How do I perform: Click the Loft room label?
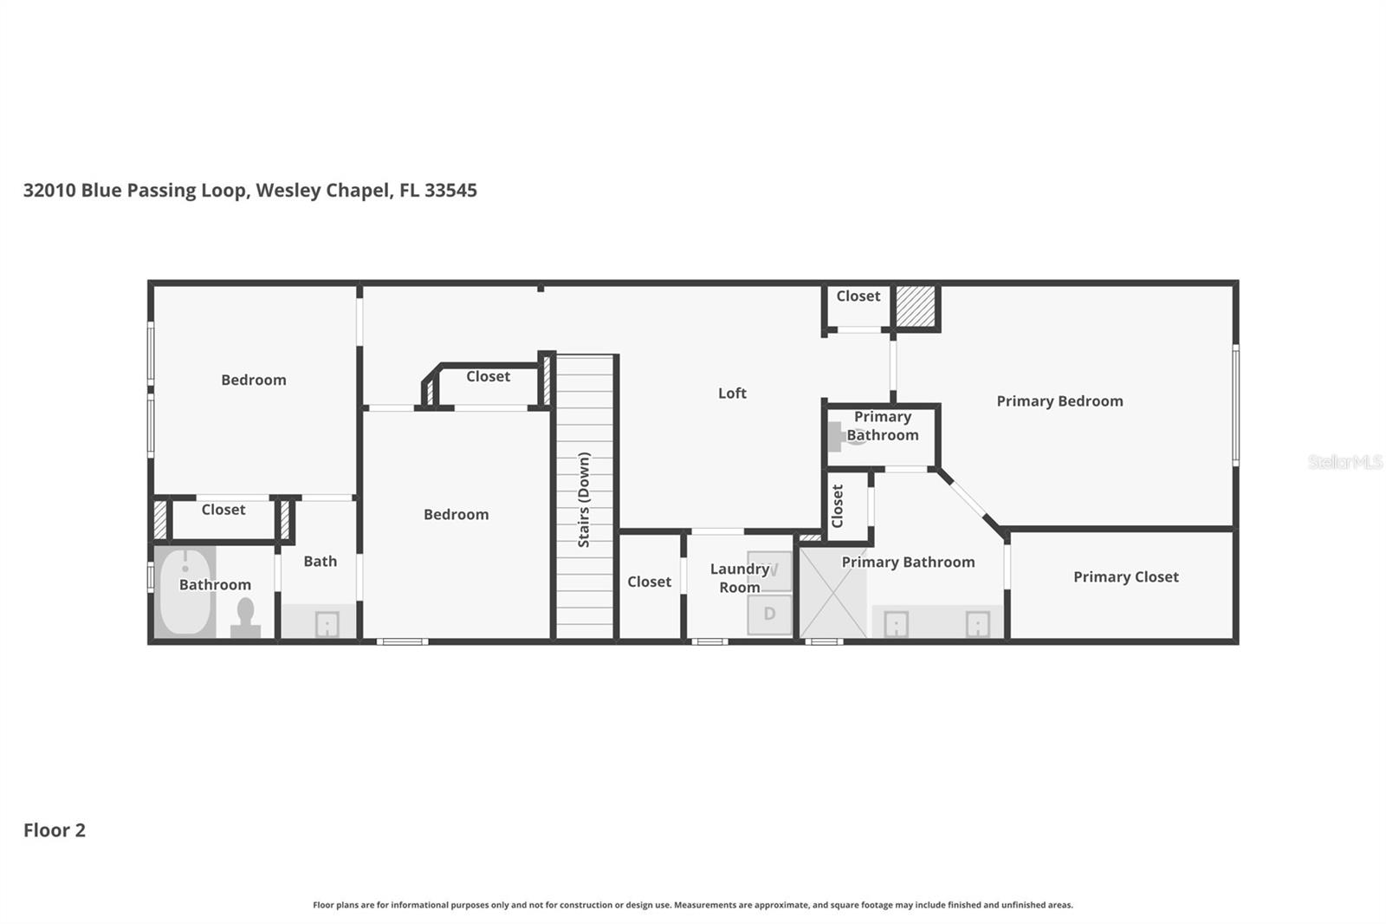tap(732, 394)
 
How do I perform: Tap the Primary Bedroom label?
tap(1059, 401)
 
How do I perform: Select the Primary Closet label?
tap(1125, 577)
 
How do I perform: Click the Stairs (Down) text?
tap(584, 499)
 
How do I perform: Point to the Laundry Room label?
tap(739, 578)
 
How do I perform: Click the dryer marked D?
tap(769, 614)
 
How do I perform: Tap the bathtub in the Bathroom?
tap(185, 590)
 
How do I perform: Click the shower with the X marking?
tap(832, 592)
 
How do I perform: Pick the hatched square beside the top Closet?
tap(915, 306)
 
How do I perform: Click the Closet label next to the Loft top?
tap(858, 296)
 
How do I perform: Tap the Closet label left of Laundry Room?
tap(649, 582)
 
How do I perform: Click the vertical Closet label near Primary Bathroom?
tap(838, 506)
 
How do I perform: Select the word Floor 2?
tap(55, 830)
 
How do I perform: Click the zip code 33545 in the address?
tap(450, 191)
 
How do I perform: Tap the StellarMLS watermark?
tap(1344, 462)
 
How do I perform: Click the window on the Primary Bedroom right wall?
tap(1235, 404)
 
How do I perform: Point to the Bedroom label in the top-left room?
tap(253, 381)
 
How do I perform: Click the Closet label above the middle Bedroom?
tap(488, 377)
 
